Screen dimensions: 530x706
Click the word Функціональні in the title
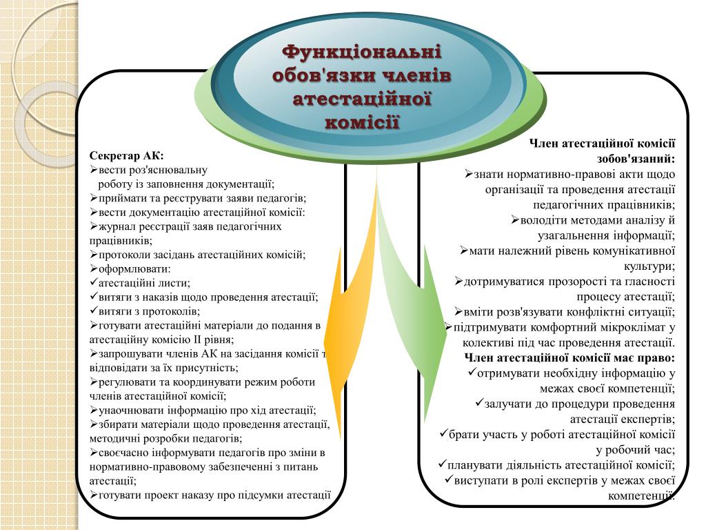(363, 52)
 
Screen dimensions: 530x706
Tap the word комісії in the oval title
(363, 122)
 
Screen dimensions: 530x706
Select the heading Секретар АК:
(127, 155)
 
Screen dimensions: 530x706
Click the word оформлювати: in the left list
(134, 268)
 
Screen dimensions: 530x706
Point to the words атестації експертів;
(623, 419)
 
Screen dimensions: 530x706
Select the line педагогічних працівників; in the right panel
(604, 205)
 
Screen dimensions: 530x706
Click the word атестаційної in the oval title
(363, 99)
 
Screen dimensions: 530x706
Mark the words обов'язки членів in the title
(363, 75)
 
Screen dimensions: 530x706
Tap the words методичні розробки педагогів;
(165, 438)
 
